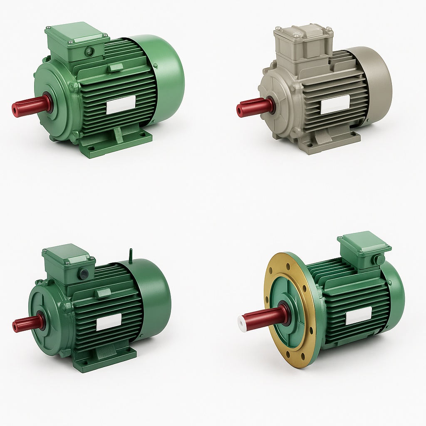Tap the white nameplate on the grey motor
click(335, 104)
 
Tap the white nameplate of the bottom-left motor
click(109, 322)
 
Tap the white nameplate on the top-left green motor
click(121, 105)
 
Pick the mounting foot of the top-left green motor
click(116, 144)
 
